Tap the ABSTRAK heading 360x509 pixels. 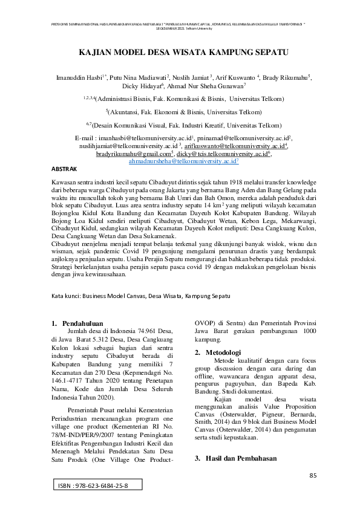pyautogui.click(x=62, y=169)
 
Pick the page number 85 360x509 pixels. pyautogui.click(x=313, y=476)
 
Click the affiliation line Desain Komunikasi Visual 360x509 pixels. pyautogui.click(x=183, y=125)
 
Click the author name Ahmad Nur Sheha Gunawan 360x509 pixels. pyautogui.click(x=209, y=86)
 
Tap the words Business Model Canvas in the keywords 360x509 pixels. pyautogui.click(x=114, y=297)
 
